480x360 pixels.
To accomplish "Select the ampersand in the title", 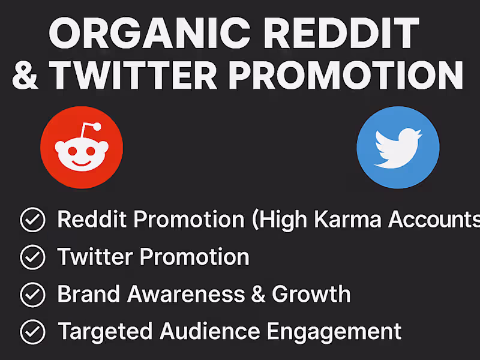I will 25,76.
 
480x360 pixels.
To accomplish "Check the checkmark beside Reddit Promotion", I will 32,220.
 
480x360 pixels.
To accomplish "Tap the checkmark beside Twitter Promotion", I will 32,257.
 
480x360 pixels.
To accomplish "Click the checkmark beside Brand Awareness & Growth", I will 32,295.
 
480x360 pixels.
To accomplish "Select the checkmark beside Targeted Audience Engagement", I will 32,331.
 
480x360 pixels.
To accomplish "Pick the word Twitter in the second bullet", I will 95,257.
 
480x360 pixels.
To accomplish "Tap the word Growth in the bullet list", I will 311,294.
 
